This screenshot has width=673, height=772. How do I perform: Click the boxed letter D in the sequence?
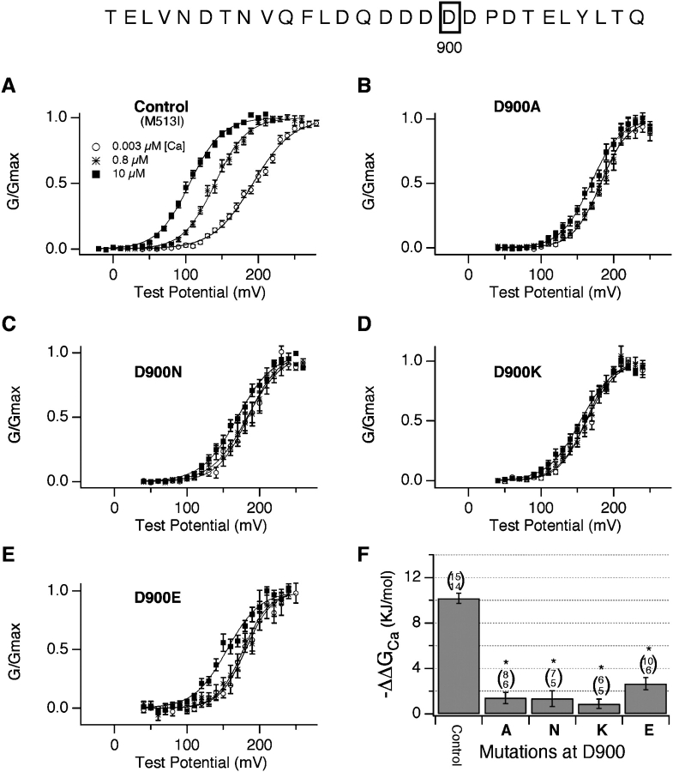(x=448, y=16)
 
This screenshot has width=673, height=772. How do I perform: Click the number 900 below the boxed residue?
(x=448, y=48)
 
